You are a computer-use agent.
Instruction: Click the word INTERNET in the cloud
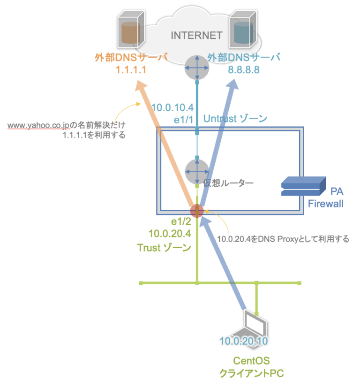[196, 36]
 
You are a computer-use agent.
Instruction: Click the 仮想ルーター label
[228, 183]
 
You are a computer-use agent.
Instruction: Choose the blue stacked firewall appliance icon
[303, 186]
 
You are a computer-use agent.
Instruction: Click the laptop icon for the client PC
[255, 323]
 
